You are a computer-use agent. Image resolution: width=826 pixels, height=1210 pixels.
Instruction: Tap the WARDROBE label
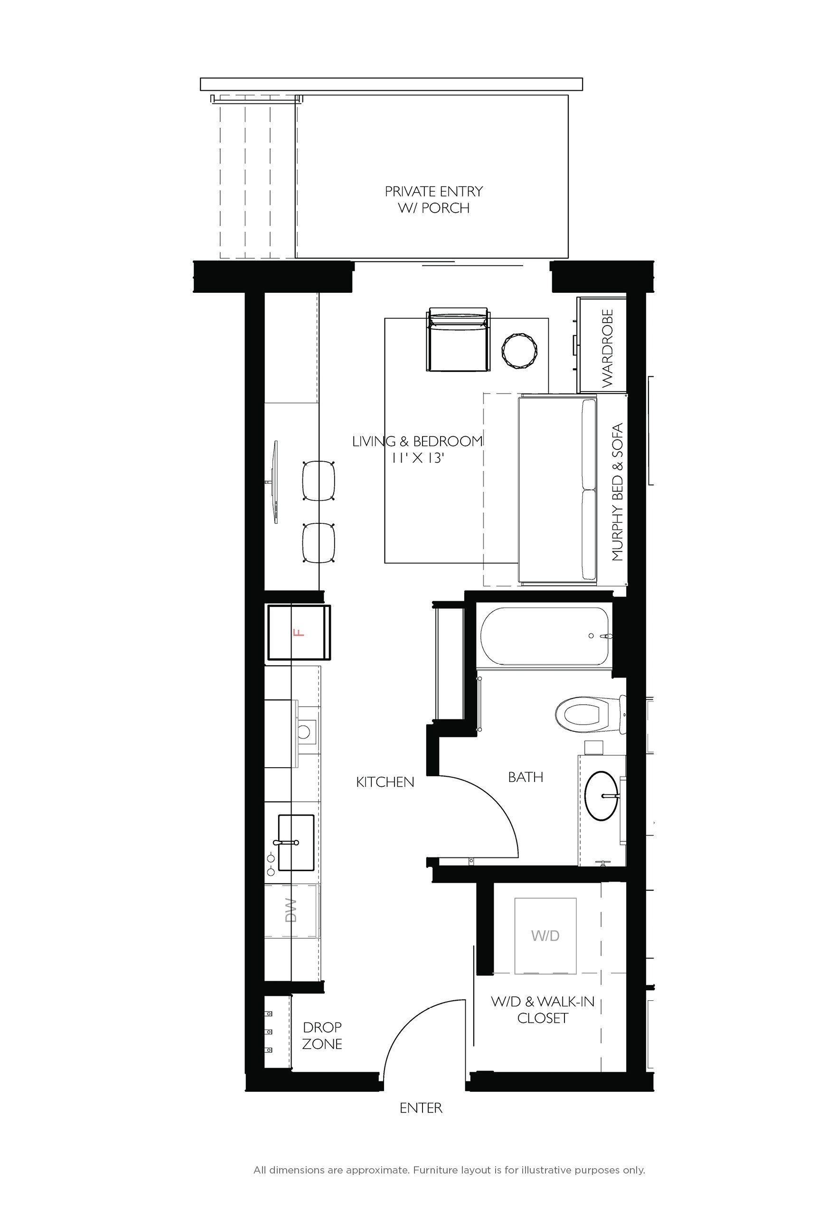(607, 348)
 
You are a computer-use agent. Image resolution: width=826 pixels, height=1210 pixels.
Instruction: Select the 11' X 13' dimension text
(418, 458)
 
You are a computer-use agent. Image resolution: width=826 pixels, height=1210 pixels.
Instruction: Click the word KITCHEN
(385, 782)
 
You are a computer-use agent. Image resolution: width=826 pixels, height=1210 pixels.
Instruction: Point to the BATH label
(526, 777)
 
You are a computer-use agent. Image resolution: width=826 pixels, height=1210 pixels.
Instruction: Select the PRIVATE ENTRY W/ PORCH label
(434, 199)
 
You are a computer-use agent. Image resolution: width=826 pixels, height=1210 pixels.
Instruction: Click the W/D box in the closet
(545, 936)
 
